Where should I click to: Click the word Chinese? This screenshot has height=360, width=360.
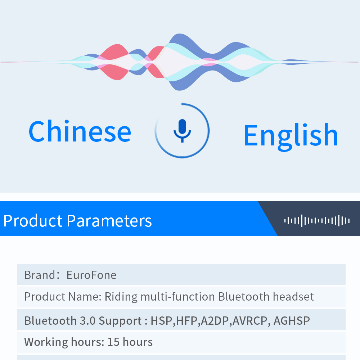tap(80, 131)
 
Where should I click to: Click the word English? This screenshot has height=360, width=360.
tap(291, 136)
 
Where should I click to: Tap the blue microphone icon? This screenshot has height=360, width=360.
tap(182, 131)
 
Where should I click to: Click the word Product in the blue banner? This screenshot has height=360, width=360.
tap(33, 221)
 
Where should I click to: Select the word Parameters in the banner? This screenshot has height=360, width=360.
tap(109, 221)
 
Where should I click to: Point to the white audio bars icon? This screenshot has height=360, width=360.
tap(317, 221)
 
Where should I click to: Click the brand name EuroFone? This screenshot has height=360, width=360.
tap(91, 275)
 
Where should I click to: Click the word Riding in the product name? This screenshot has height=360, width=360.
tap(121, 297)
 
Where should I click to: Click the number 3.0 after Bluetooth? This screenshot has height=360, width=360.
tap(87, 321)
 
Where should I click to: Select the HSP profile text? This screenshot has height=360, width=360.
tap(161, 321)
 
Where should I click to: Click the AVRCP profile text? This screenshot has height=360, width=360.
tap(250, 321)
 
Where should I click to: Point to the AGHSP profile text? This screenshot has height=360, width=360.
tap(292, 321)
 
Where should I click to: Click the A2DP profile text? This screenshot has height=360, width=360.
tap(215, 321)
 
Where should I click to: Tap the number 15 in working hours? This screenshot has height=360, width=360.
tap(113, 342)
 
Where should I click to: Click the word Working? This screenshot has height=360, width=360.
tap(46, 342)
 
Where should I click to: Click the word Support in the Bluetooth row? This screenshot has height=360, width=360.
tap(120, 321)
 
